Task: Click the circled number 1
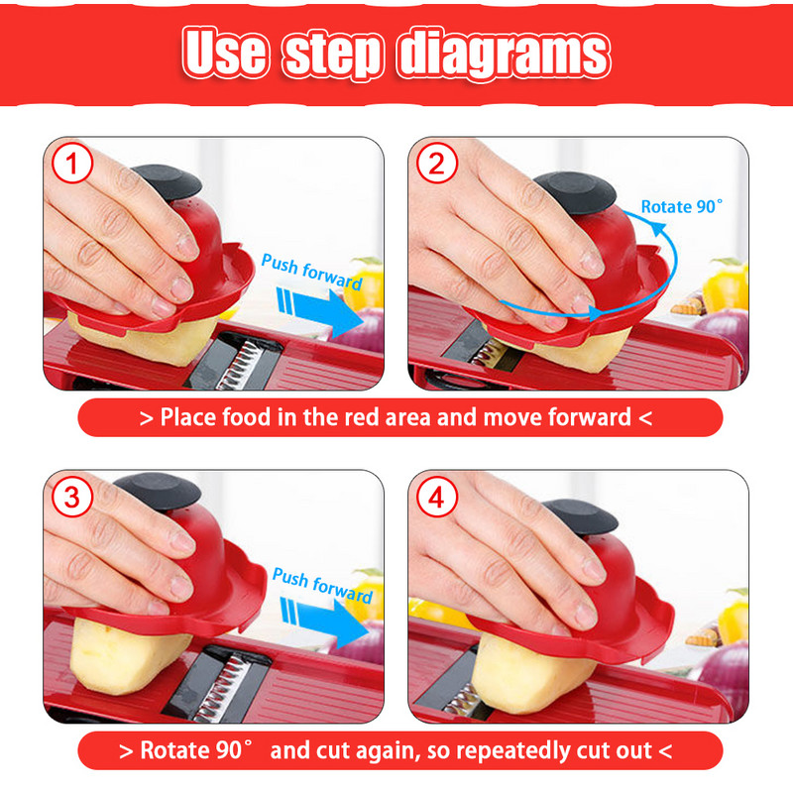point(72,163)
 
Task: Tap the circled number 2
point(437,163)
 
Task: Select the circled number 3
point(72,497)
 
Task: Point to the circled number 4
point(437,497)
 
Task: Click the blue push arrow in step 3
point(324,622)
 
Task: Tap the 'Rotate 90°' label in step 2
point(681,206)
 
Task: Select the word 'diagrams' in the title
point(504,54)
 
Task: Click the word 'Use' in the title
point(226,53)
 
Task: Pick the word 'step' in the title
point(332,56)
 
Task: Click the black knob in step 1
point(168,181)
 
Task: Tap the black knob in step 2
point(576,192)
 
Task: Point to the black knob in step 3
point(158,492)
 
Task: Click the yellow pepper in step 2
point(725,284)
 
